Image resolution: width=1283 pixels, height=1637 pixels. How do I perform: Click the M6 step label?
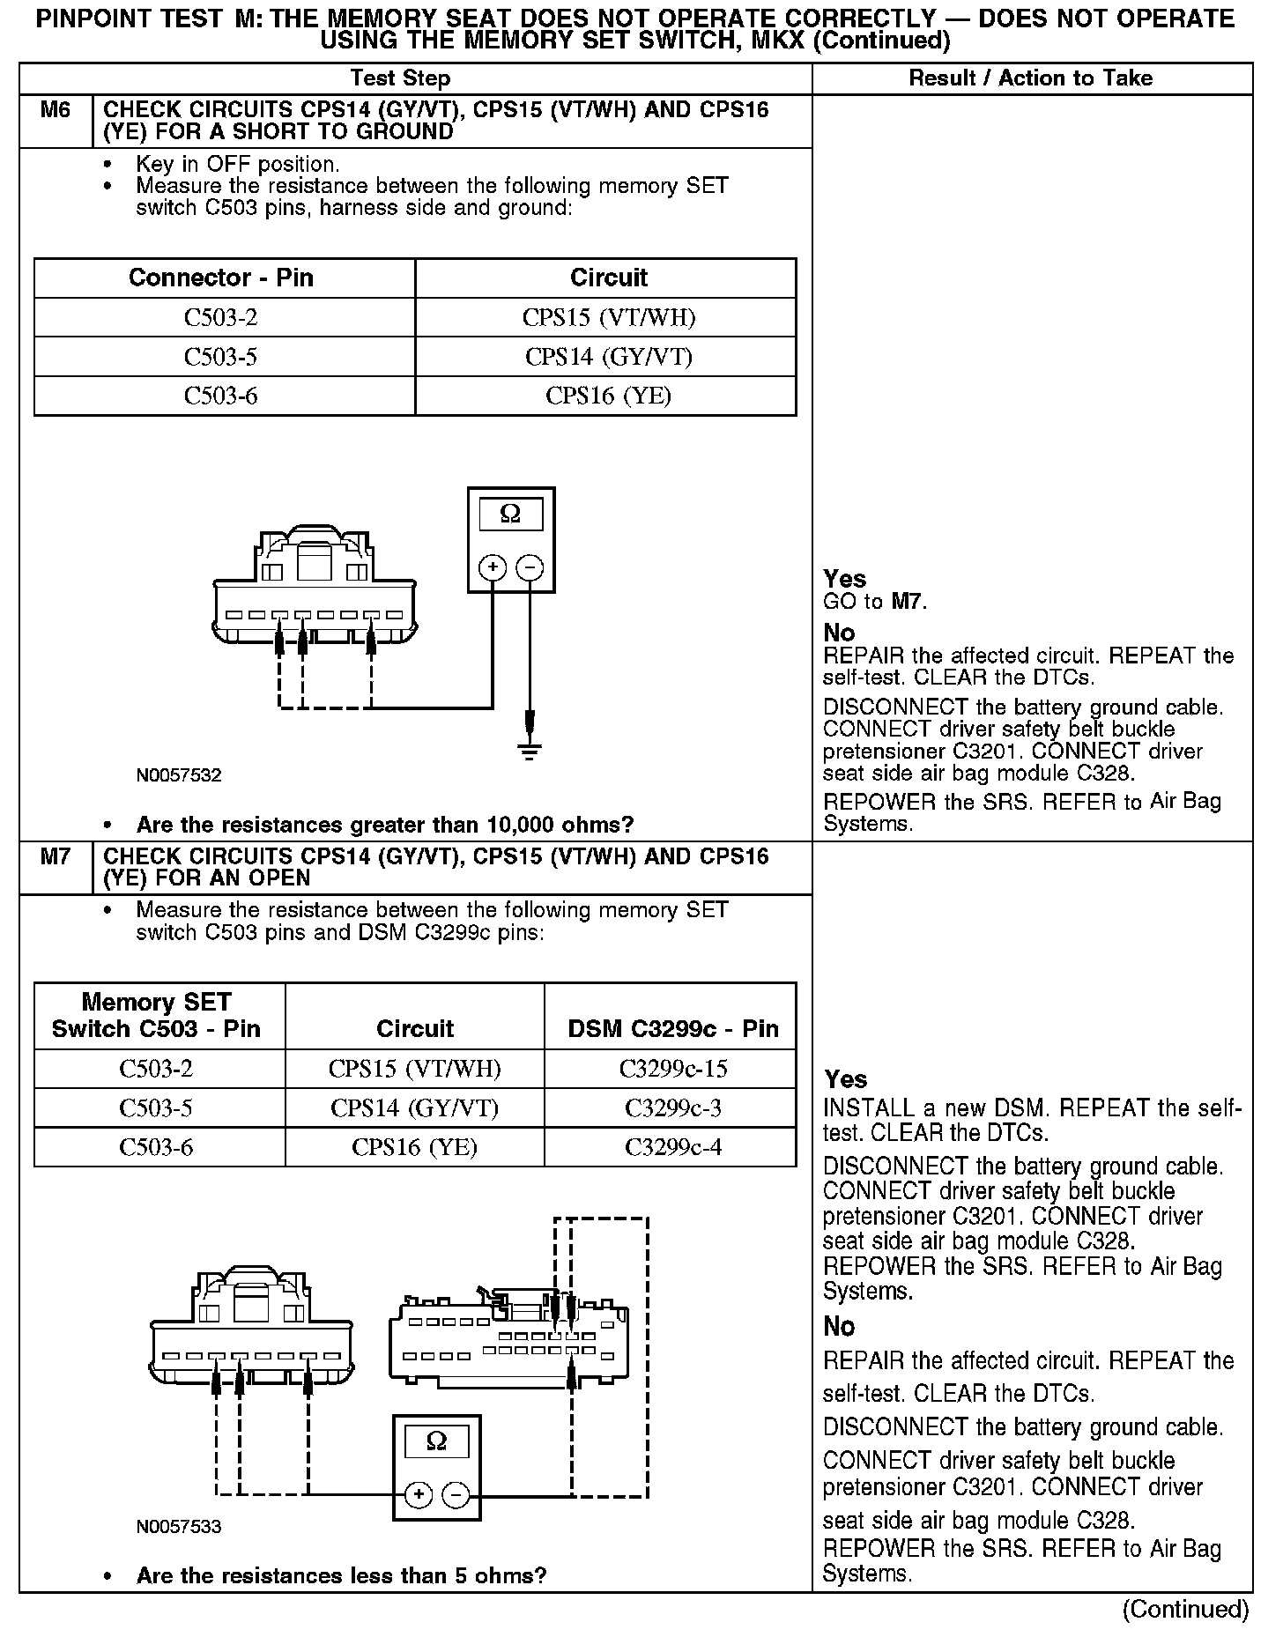click(x=55, y=111)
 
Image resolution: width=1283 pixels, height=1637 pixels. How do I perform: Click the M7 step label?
click(x=55, y=857)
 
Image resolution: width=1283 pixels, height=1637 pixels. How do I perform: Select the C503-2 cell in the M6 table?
click(x=220, y=317)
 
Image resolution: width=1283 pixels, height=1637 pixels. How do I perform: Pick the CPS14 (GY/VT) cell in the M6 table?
click(x=608, y=357)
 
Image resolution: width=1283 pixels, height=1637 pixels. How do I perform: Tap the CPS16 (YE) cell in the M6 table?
click(x=608, y=396)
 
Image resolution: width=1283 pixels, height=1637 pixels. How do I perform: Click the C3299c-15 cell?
click(x=672, y=1069)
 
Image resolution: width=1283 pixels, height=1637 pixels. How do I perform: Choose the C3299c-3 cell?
click(x=672, y=1107)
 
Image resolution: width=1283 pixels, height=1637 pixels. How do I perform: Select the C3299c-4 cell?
click(x=672, y=1147)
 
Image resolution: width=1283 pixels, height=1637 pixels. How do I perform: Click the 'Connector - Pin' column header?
click(x=220, y=278)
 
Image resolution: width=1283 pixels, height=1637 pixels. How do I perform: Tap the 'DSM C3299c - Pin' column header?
click(x=672, y=1028)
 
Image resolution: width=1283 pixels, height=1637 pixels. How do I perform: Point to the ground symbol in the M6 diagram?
click(x=529, y=752)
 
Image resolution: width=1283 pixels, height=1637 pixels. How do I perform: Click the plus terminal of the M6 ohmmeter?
click(x=492, y=567)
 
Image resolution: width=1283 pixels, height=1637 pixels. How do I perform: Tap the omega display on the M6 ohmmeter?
click(x=510, y=514)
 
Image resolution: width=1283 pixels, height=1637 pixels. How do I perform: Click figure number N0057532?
click(x=179, y=776)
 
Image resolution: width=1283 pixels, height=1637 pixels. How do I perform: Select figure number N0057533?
click(x=179, y=1527)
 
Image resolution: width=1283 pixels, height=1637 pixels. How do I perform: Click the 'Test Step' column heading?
click(x=400, y=78)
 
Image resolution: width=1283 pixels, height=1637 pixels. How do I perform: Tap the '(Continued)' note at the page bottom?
click(x=1184, y=1610)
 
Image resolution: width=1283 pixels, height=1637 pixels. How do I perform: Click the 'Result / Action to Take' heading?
click(x=1030, y=78)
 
